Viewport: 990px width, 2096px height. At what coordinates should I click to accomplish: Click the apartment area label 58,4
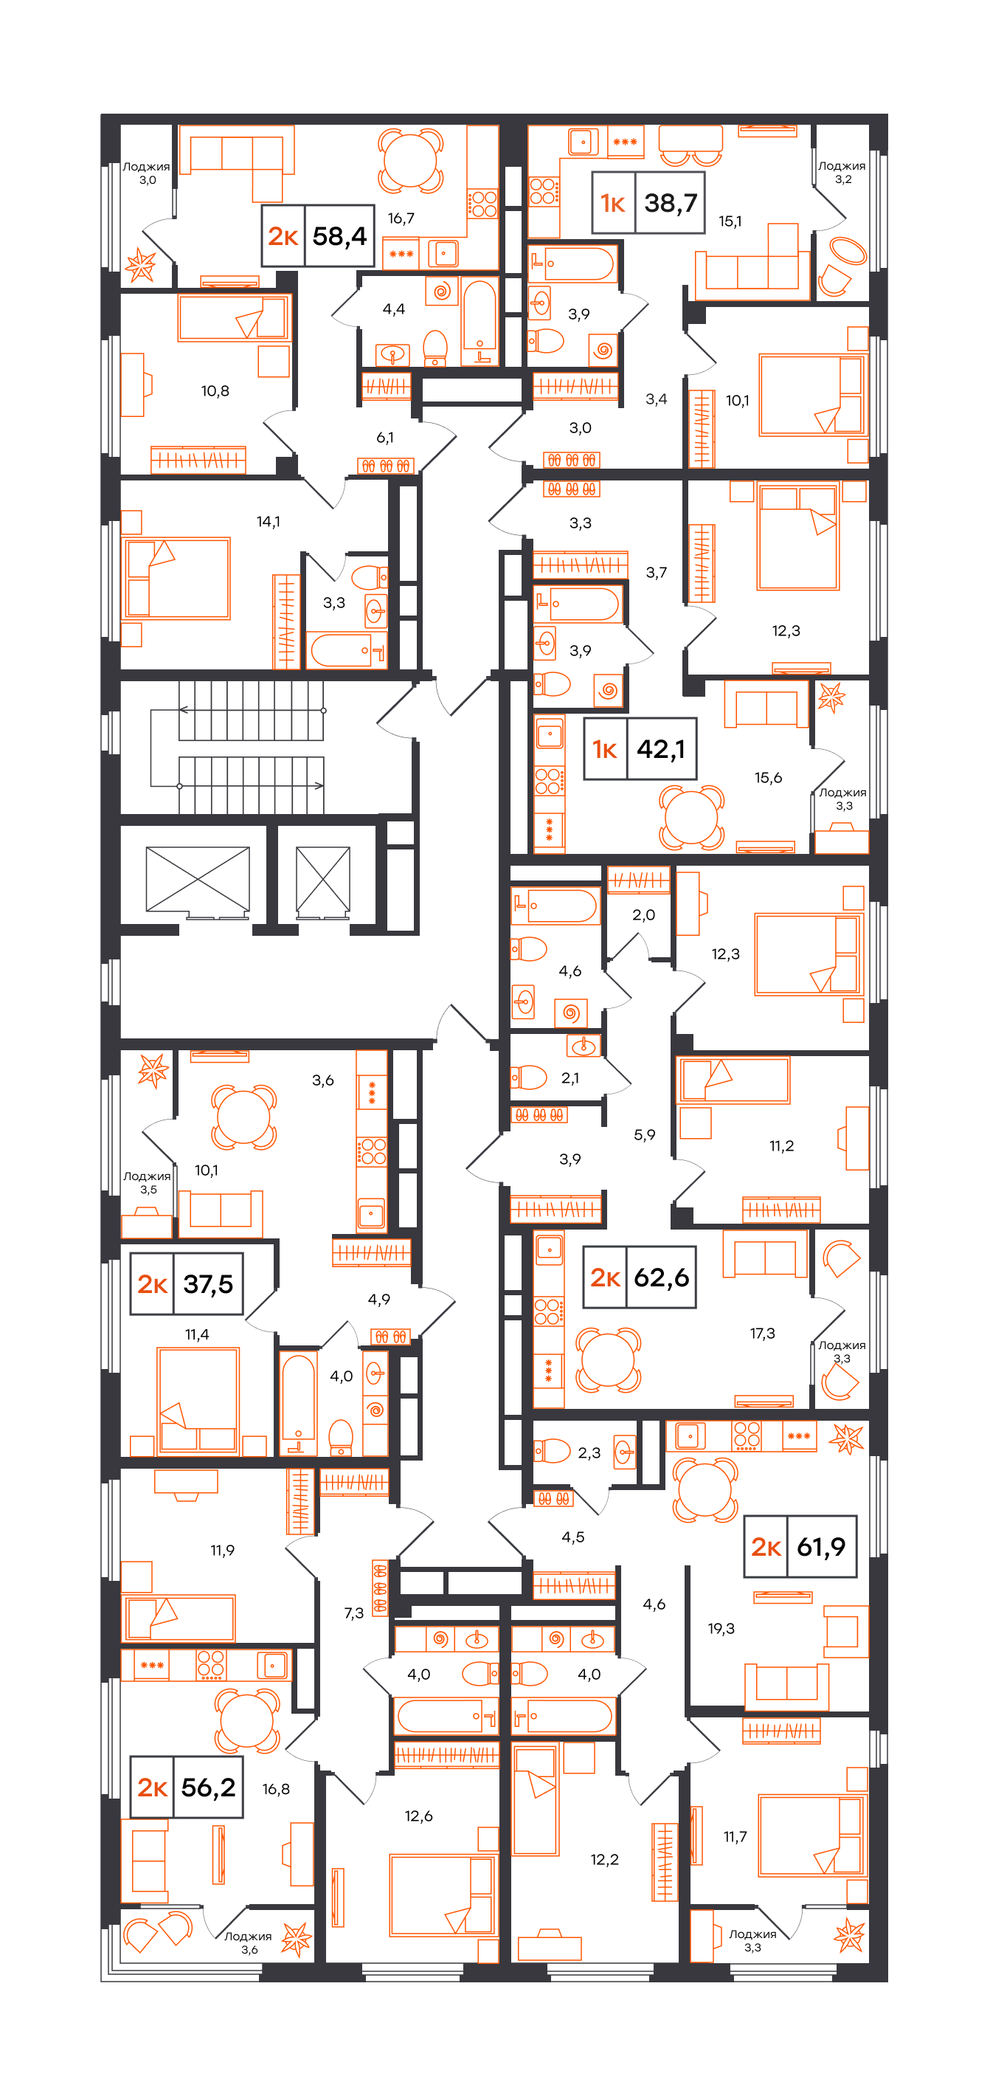click(339, 236)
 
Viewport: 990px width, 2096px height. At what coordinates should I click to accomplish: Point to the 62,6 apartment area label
click(662, 1278)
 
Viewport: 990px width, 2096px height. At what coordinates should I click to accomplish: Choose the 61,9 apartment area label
click(821, 1546)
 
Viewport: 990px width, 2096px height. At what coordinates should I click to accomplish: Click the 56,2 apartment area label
click(208, 1787)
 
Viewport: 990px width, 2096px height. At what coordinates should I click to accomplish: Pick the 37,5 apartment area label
click(208, 1284)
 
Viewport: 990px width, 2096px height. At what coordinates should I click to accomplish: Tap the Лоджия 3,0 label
click(146, 173)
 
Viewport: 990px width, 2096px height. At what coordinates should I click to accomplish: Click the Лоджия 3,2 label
click(842, 173)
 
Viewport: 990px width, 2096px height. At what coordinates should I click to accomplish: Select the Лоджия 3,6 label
click(248, 1943)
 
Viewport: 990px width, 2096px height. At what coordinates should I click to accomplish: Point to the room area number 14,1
click(269, 522)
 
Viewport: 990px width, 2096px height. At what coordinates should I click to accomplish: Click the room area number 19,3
click(721, 1628)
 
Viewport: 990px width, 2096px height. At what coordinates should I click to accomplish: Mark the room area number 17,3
click(762, 1333)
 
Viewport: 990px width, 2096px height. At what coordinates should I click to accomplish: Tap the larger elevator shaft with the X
click(198, 879)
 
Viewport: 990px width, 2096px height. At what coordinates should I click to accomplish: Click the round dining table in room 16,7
click(411, 160)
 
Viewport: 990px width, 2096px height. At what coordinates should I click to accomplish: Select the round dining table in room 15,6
click(690, 816)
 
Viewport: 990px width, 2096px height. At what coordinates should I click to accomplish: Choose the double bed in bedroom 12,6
click(443, 1895)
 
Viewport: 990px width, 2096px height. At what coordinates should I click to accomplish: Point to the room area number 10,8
click(215, 391)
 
